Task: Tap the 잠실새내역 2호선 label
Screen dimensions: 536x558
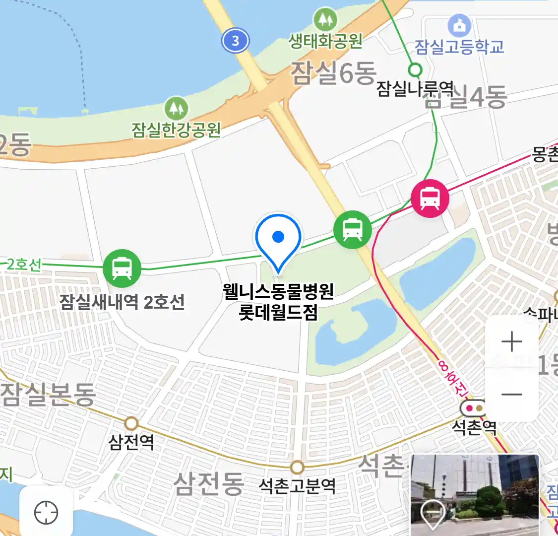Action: tap(122, 302)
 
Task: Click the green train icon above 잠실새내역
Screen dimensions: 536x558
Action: tap(122, 268)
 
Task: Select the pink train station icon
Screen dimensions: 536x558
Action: tap(430, 198)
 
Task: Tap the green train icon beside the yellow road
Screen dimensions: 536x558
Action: tap(352, 229)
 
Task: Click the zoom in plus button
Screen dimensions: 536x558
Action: tap(512, 342)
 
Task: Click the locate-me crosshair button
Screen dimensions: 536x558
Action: tap(46, 512)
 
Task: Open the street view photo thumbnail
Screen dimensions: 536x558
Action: tap(475, 495)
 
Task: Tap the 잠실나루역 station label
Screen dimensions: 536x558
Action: tap(415, 89)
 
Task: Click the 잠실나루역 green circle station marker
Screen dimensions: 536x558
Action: tap(415, 69)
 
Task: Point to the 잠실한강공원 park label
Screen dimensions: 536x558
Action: tap(176, 130)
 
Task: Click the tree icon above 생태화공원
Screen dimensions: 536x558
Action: tap(325, 19)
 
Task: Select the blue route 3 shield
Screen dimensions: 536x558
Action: tap(236, 40)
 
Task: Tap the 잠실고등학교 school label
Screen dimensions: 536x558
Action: tap(459, 47)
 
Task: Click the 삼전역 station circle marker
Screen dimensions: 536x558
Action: tap(131, 423)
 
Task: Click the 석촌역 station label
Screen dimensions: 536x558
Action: tap(474, 427)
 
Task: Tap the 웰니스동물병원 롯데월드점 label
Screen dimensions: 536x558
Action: tap(278, 302)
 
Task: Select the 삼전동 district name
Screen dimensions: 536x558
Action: tap(209, 483)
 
